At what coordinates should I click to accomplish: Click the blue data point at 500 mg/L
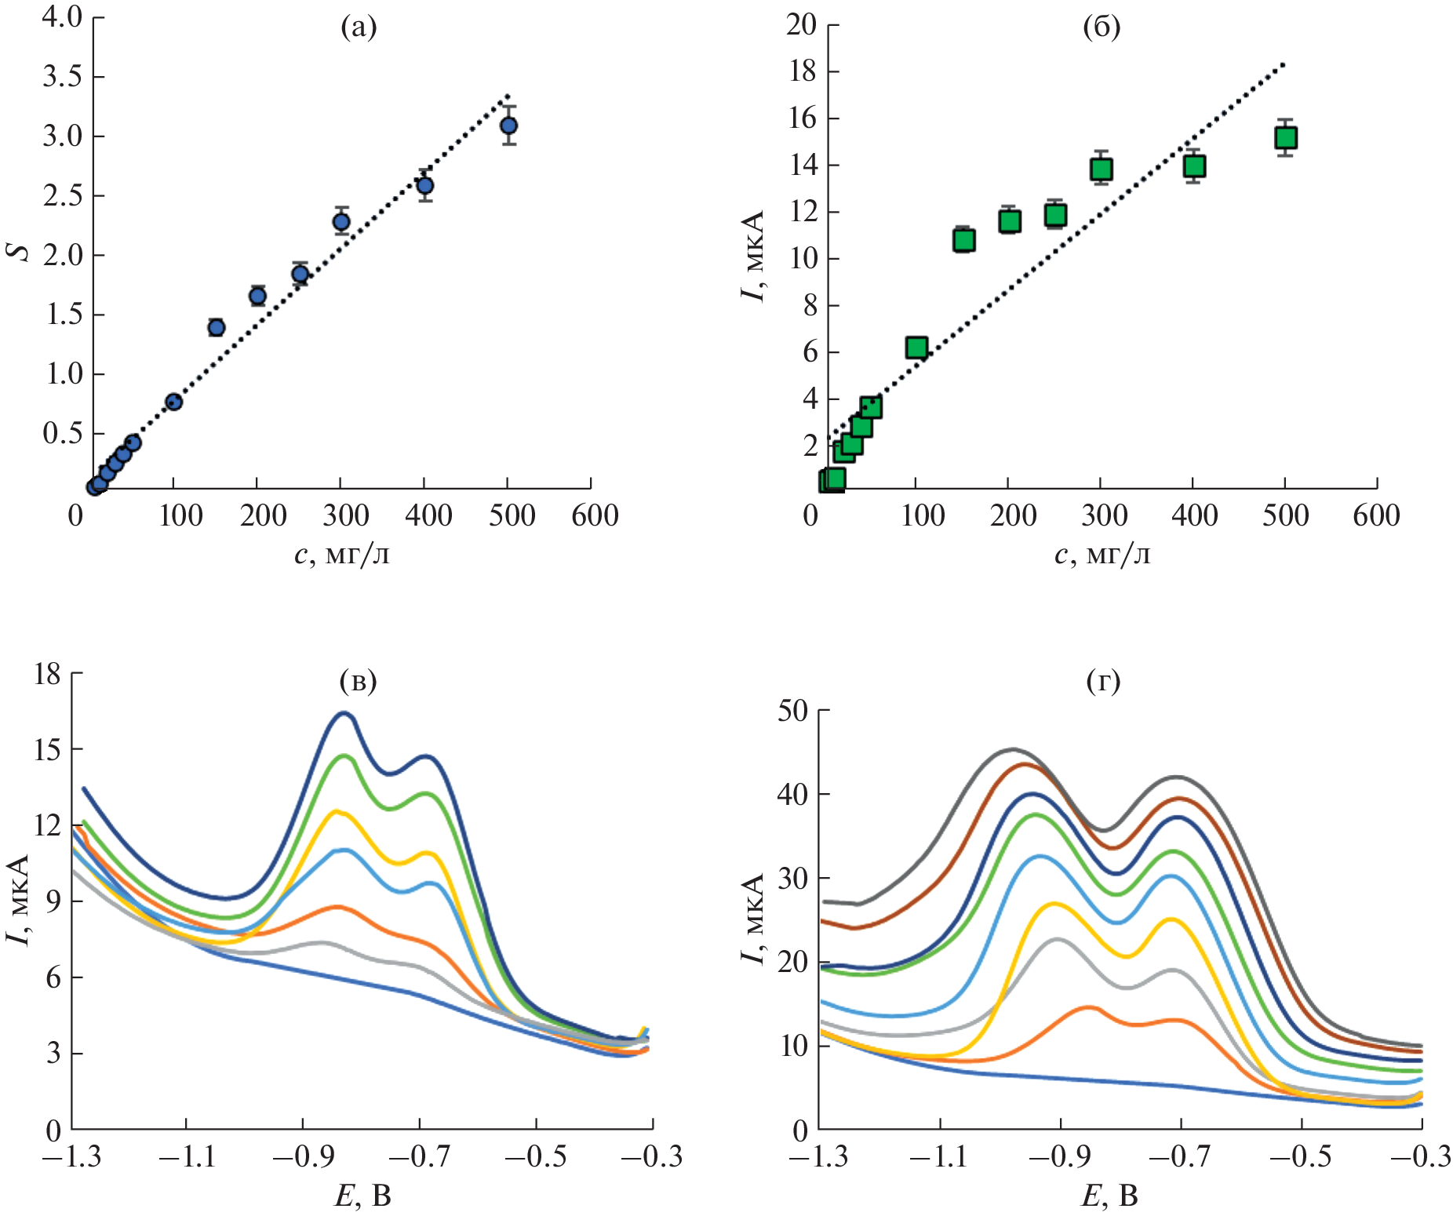point(508,126)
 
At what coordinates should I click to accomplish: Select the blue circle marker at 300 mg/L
point(341,222)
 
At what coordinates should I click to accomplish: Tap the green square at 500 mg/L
point(1285,138)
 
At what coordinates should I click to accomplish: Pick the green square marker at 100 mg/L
point(916,348)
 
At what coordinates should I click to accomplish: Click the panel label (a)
point(359,28)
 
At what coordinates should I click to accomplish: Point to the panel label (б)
point(1102,28)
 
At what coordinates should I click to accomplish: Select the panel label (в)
point(358,681)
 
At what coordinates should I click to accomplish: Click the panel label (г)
point(1103,681)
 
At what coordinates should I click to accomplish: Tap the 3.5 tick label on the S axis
point(63,77)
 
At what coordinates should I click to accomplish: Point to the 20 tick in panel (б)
point(802,25)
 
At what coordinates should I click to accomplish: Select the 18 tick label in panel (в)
point(47,673)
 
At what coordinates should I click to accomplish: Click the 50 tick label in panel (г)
point(792,711)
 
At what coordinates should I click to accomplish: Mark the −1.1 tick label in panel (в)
point(185,1156)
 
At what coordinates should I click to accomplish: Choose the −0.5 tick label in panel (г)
point(1302,1156)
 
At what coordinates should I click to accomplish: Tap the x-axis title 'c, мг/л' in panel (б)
point(1102,555)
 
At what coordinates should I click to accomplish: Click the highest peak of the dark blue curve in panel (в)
point(344,713)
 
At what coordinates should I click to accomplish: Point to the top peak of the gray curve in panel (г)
point(1013,749)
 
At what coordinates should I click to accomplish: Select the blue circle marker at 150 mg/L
point(217,327)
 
